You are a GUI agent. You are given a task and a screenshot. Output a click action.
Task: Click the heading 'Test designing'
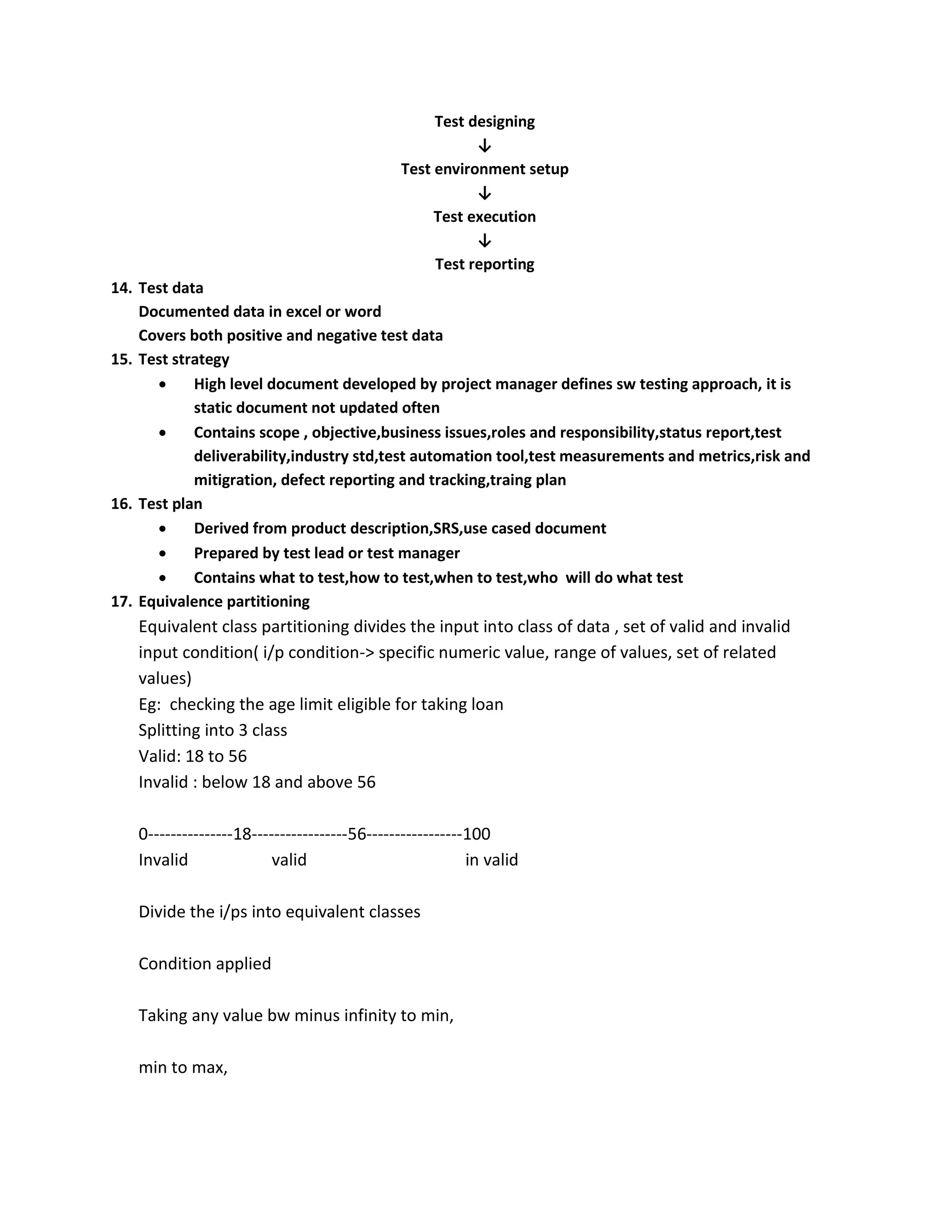coord(484,122)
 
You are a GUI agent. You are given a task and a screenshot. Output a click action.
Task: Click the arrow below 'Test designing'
coord(484,146)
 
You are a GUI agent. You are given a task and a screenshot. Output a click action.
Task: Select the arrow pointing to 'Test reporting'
coord(484,241)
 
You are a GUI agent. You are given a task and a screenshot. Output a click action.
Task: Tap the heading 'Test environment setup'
coord(484,169)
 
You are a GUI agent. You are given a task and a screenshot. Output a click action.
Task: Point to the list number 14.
coord(121,288)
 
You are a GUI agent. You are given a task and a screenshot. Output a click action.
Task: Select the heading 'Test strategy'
coord(184,359)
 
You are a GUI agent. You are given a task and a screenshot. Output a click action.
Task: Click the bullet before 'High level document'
coord(162,385)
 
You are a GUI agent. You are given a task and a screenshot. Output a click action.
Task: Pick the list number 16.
coord(121,504)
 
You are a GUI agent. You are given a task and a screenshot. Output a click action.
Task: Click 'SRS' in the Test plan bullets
coord(447,529)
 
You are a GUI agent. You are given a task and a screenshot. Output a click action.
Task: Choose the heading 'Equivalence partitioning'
coord(224,602)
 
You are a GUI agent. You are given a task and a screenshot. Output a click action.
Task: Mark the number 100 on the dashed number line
coord(477,834)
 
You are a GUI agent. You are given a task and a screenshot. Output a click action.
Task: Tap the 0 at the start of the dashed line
coord(143,834)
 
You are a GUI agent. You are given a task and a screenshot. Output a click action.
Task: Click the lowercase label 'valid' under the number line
coord(289,860)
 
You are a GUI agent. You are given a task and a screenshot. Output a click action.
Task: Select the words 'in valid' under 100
coord(492,860)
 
